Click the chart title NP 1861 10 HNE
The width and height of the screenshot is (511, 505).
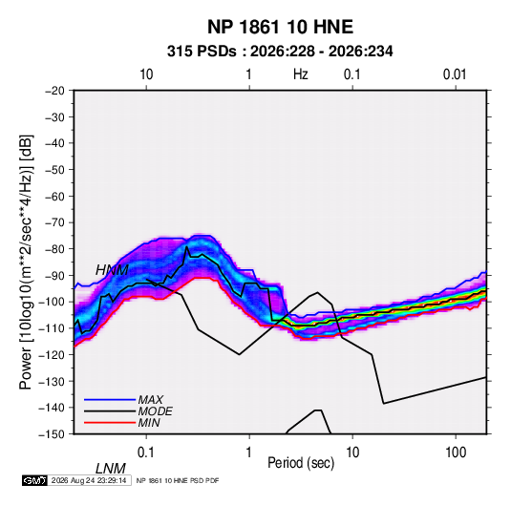[x=280, y=27]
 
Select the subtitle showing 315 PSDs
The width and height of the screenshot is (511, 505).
[x=280, y=52]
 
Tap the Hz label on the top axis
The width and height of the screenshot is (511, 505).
[x=301, y=74]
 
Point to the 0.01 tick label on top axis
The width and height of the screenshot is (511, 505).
[x=455, y=74]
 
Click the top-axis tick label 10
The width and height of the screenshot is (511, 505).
[x=146, y=74]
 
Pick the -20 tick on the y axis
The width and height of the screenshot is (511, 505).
[x=54, y=91]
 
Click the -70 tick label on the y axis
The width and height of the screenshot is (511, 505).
[x=54, y=222]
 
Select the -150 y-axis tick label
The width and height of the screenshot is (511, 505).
[x=52, y=434]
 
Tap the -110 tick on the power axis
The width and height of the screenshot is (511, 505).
[x=52, y=328]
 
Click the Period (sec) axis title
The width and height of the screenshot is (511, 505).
[x=301, y=463]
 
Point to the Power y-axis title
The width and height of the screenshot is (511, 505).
[x=26, y=263]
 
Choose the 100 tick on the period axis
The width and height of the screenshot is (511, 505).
[x=456, y=452]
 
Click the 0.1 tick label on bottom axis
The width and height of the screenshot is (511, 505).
[x=146, y=452]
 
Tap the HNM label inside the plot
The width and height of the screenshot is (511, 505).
[x=112, y=270]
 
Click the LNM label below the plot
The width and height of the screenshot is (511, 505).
[x=111, y=469]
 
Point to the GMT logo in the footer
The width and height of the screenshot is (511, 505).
[x=35, y=480]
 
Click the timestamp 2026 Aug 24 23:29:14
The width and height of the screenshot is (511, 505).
[x=89, y=480]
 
